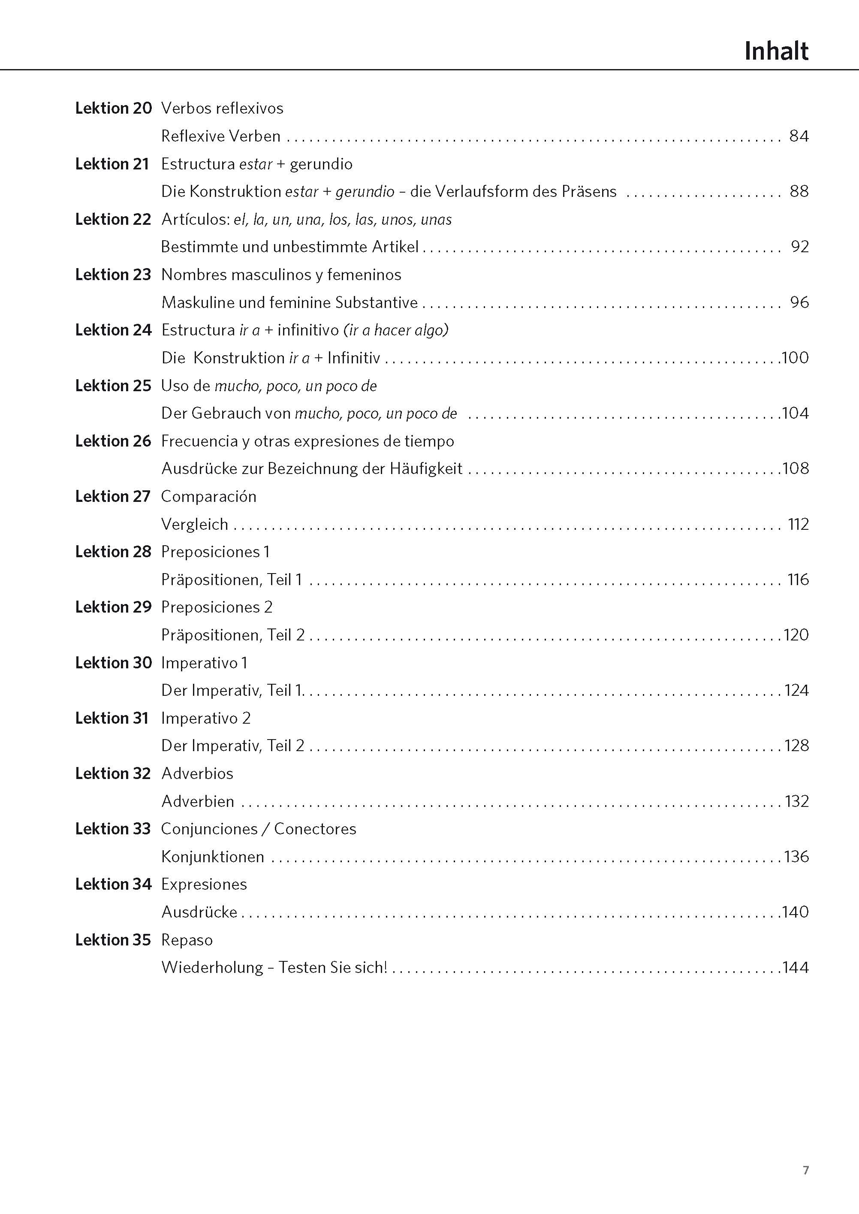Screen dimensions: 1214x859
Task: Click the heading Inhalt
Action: pyautogui.click(x=776, y=51)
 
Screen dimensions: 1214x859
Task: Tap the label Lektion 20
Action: pyautogui.click(x=113, y=109)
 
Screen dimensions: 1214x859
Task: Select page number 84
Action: pyautogui.click(x=799, y=136)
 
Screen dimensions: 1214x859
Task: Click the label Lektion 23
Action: pyautogui.click(x=113, y=275)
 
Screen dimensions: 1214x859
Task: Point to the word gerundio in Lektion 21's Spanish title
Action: pyautogui.click(x=321, y=164)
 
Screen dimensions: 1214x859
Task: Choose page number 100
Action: pyautogui.click(x=795, y=358)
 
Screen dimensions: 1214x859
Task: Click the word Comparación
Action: pyautogui.click(x=208, y=497)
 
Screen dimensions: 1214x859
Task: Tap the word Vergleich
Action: pyautogui.click(x=195, y=524)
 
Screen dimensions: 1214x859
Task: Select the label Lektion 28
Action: pyautogui.click(x=113, y=552)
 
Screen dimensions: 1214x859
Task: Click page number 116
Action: pyautogui.click(x=798, y=580)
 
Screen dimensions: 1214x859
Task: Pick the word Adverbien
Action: pyautogui.click(x=198, y=801)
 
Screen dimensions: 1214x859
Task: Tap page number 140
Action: pyautogui.click(x=795, y=912)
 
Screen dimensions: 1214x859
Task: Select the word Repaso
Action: pyautogui.click(x=187, y=940)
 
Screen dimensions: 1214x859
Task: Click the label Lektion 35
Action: pyautogui.click(x=113, y=940)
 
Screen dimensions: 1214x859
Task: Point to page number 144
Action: pyautogui.click(x=795, y=967)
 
